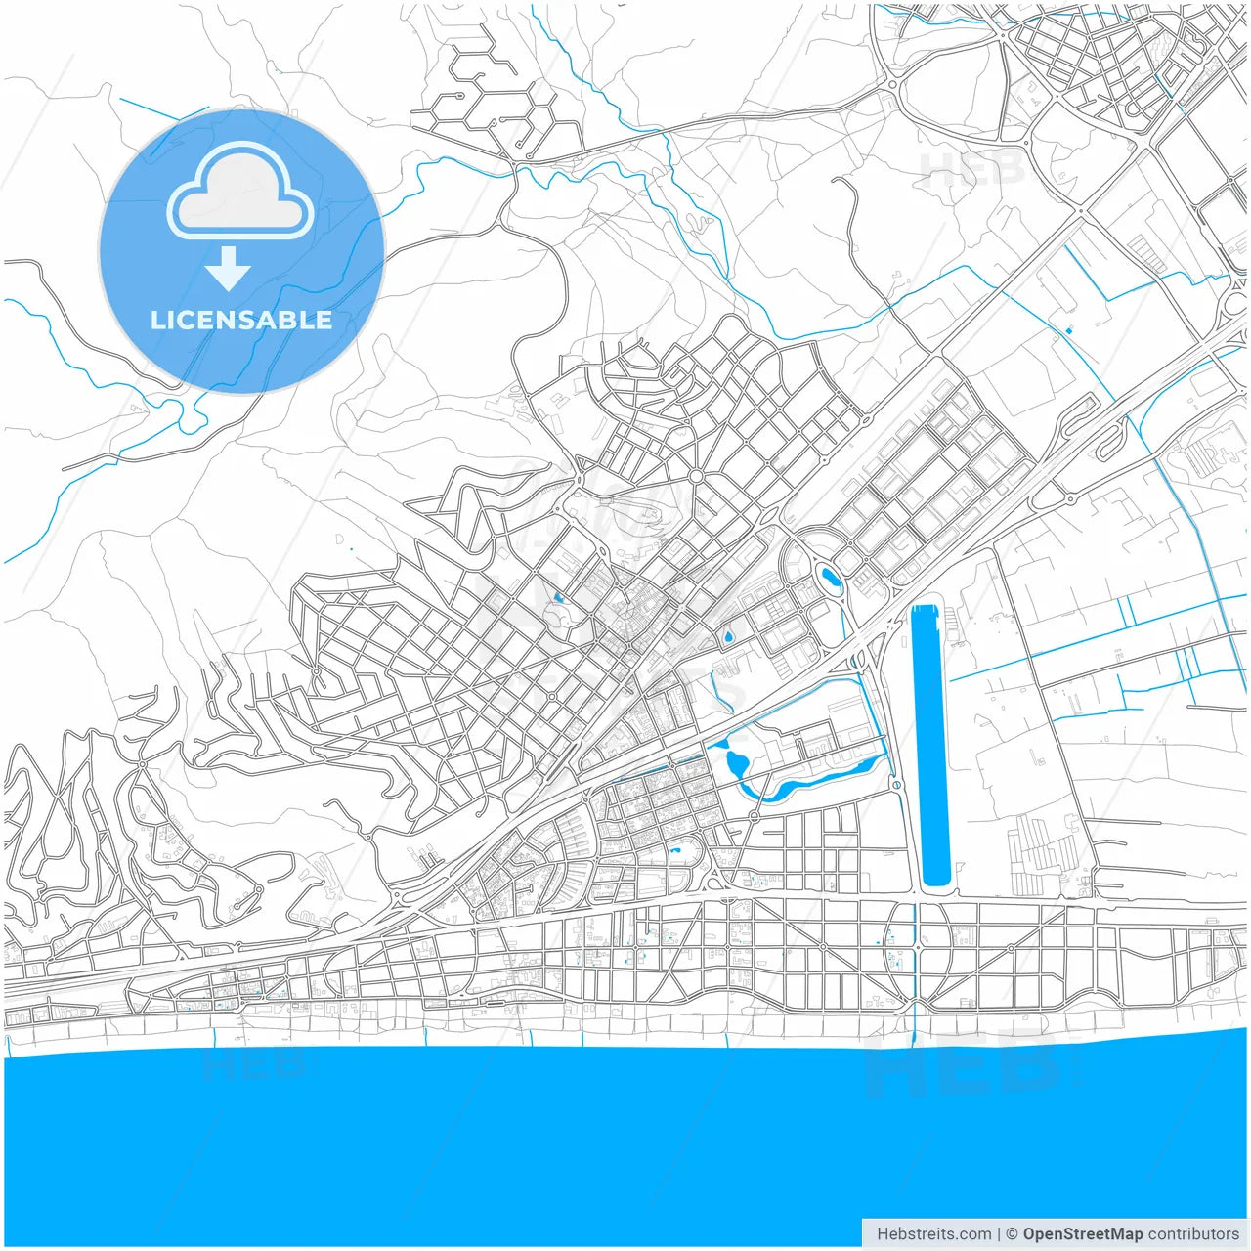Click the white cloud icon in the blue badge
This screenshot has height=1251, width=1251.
[240, 192]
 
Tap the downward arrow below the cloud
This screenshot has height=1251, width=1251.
[228, 270]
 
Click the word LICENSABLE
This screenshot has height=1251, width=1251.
[240, 321]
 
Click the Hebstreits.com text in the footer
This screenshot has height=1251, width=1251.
[933, 1234]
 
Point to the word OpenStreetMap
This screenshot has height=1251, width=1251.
[1082, 1234]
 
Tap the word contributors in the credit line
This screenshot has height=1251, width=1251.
[1193, 1234]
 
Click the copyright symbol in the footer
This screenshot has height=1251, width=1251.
[1012, 1234]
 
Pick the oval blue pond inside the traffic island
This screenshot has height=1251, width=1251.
[830, 580]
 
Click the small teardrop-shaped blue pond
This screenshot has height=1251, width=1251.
[728, 637]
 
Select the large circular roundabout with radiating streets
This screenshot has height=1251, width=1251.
[696, 477]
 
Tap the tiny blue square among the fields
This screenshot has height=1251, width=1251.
[1069, 330]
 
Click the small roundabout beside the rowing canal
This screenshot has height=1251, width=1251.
[896, 785]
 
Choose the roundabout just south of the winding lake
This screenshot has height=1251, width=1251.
[754, 816]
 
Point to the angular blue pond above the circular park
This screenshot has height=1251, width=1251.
[558, 597]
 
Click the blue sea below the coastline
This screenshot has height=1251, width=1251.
[625, 1134]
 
